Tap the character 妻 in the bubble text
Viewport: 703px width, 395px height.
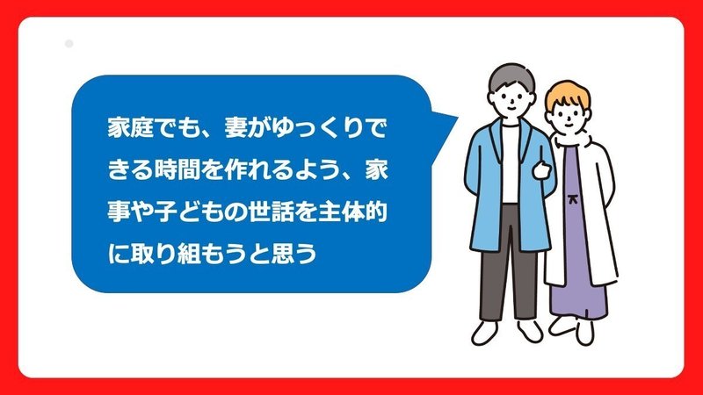pyautogui.click(x=236, y=128)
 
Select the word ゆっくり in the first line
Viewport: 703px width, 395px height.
pyautogui.click(x=317, y=128)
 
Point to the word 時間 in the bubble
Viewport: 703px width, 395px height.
pyautogui.click(x=177, y=170)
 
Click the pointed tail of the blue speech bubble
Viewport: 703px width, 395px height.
pyautogui.click(x=456, y=118)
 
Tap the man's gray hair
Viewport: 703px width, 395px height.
pyautogui.click(x=512, y=77)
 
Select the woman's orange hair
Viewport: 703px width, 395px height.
pyautogui.click(x=567, y=93)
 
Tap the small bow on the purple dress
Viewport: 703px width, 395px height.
pyautogui.click(x=572, y=198)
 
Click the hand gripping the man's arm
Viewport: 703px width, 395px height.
pyautogui.click(x=541, y=169)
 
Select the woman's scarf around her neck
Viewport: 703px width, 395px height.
pyautogui.click(x=572, y=139)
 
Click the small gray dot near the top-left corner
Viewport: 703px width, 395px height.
pyautogui.click(x=69, y=44)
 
